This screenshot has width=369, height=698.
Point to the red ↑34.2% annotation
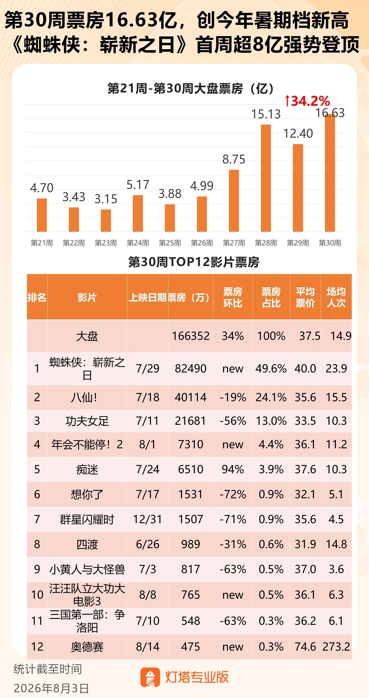(307, 101)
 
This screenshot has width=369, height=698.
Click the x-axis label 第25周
(170, 243)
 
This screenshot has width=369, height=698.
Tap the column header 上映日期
(148, 297)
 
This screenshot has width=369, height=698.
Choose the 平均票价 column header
(305, 297)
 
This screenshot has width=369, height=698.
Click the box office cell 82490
(191, 368)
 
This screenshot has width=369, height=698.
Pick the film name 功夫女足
(87, 421)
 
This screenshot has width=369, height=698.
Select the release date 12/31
(148, 519)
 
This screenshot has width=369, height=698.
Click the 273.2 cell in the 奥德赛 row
(336, 647)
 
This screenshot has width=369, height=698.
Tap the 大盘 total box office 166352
(191, 336)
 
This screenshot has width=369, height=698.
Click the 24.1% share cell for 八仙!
(271, 397)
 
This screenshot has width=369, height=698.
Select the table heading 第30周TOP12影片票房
(194, 262)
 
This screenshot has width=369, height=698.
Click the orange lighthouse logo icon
(150, 677)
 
